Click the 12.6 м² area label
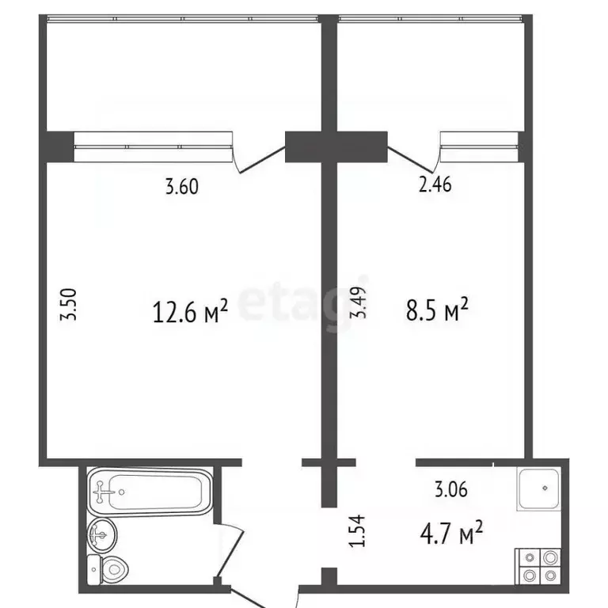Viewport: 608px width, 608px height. (x=189, y=312)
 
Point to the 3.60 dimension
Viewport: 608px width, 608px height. (x=180, y=188)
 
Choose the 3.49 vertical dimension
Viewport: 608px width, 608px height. (x=360, y=302)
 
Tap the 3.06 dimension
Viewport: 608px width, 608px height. (x=451, y=489)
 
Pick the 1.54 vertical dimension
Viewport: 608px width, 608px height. (x=359, y=530)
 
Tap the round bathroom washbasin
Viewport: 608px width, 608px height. (x=103, y=536)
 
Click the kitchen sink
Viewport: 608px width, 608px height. (x=541, y=488)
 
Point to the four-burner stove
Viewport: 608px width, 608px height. (x=539, y=566)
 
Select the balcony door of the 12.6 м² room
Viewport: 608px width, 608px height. (x=261, y=155)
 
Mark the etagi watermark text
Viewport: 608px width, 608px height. (x=293, y=303)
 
